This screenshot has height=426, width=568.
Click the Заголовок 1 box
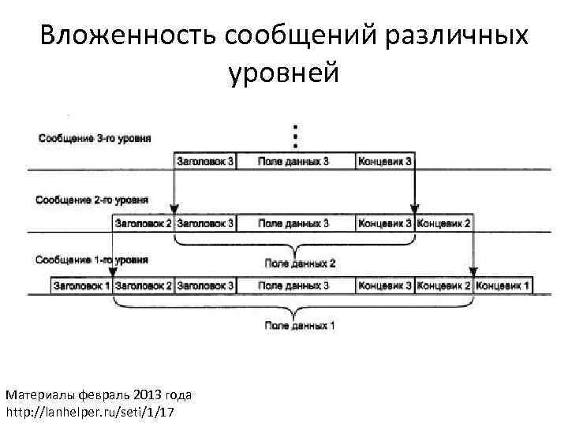click(x=81, y=285)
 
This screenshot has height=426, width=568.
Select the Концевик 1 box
click(x=503, y=285)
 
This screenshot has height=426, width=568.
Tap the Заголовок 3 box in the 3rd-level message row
click(x=205, y=161)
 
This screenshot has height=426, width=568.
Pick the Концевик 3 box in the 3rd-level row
click(x=385, y=161)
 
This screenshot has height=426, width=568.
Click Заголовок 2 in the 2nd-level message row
click(x=144, y=223)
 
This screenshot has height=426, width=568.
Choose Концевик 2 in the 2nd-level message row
click(x=444, y=223)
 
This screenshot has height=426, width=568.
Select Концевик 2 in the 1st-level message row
click(x=444, y=285)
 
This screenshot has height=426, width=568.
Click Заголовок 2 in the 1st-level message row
click(x=144, y=285)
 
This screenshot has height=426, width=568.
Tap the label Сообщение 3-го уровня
click(x=94, y=139)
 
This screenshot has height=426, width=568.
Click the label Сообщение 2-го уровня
click(x=92, y=200)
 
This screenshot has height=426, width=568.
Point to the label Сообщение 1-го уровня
click(x=92, y=260)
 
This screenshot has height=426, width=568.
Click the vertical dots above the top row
click(x=295, y=136)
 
